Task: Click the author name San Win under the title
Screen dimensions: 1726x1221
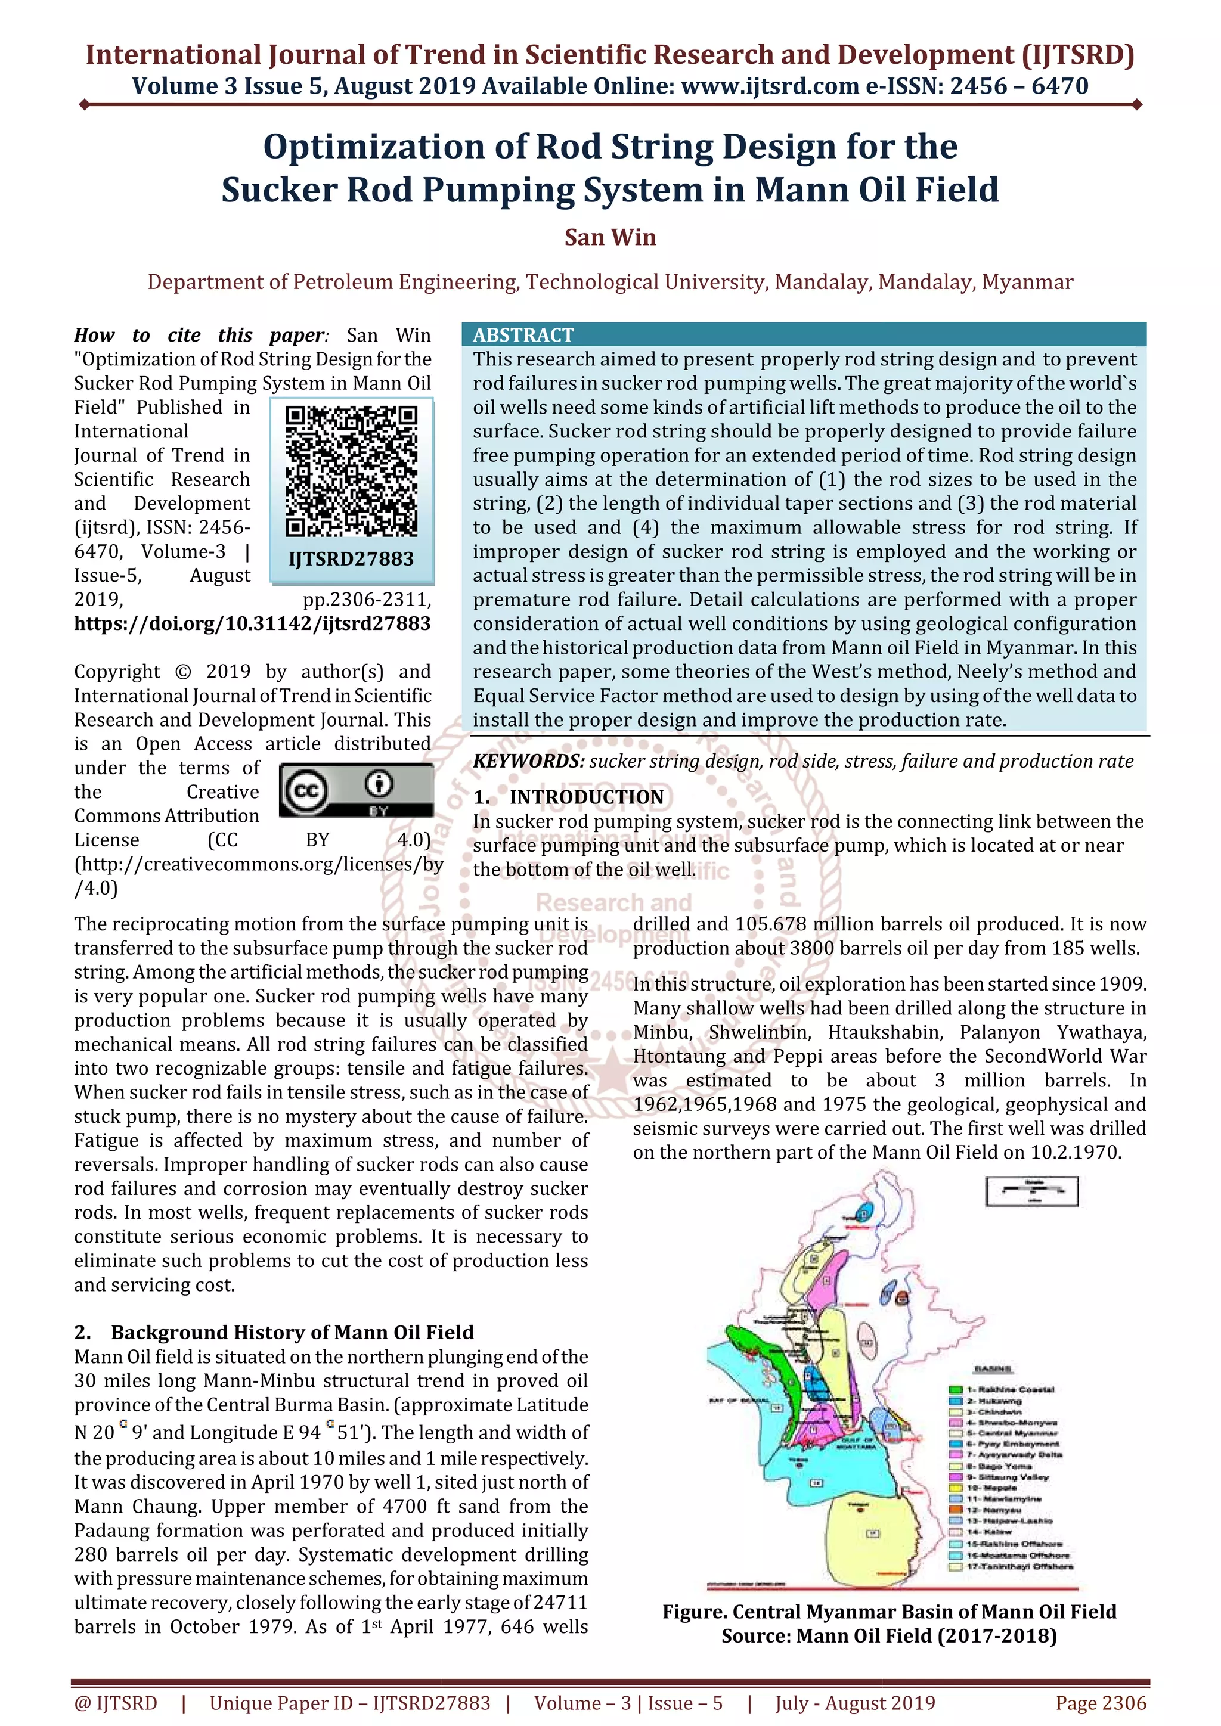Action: click(610, 238)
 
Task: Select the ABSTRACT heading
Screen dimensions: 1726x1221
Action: click(523, 336)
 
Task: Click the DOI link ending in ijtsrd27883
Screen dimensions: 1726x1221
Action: click(253, 624)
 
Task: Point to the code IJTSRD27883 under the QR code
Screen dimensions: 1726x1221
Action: click(351, 559)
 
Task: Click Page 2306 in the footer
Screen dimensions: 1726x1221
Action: click(1101, 1703)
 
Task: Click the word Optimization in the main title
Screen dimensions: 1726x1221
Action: click(372, 147)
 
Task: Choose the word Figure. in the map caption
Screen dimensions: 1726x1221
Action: click(694, 1612)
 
